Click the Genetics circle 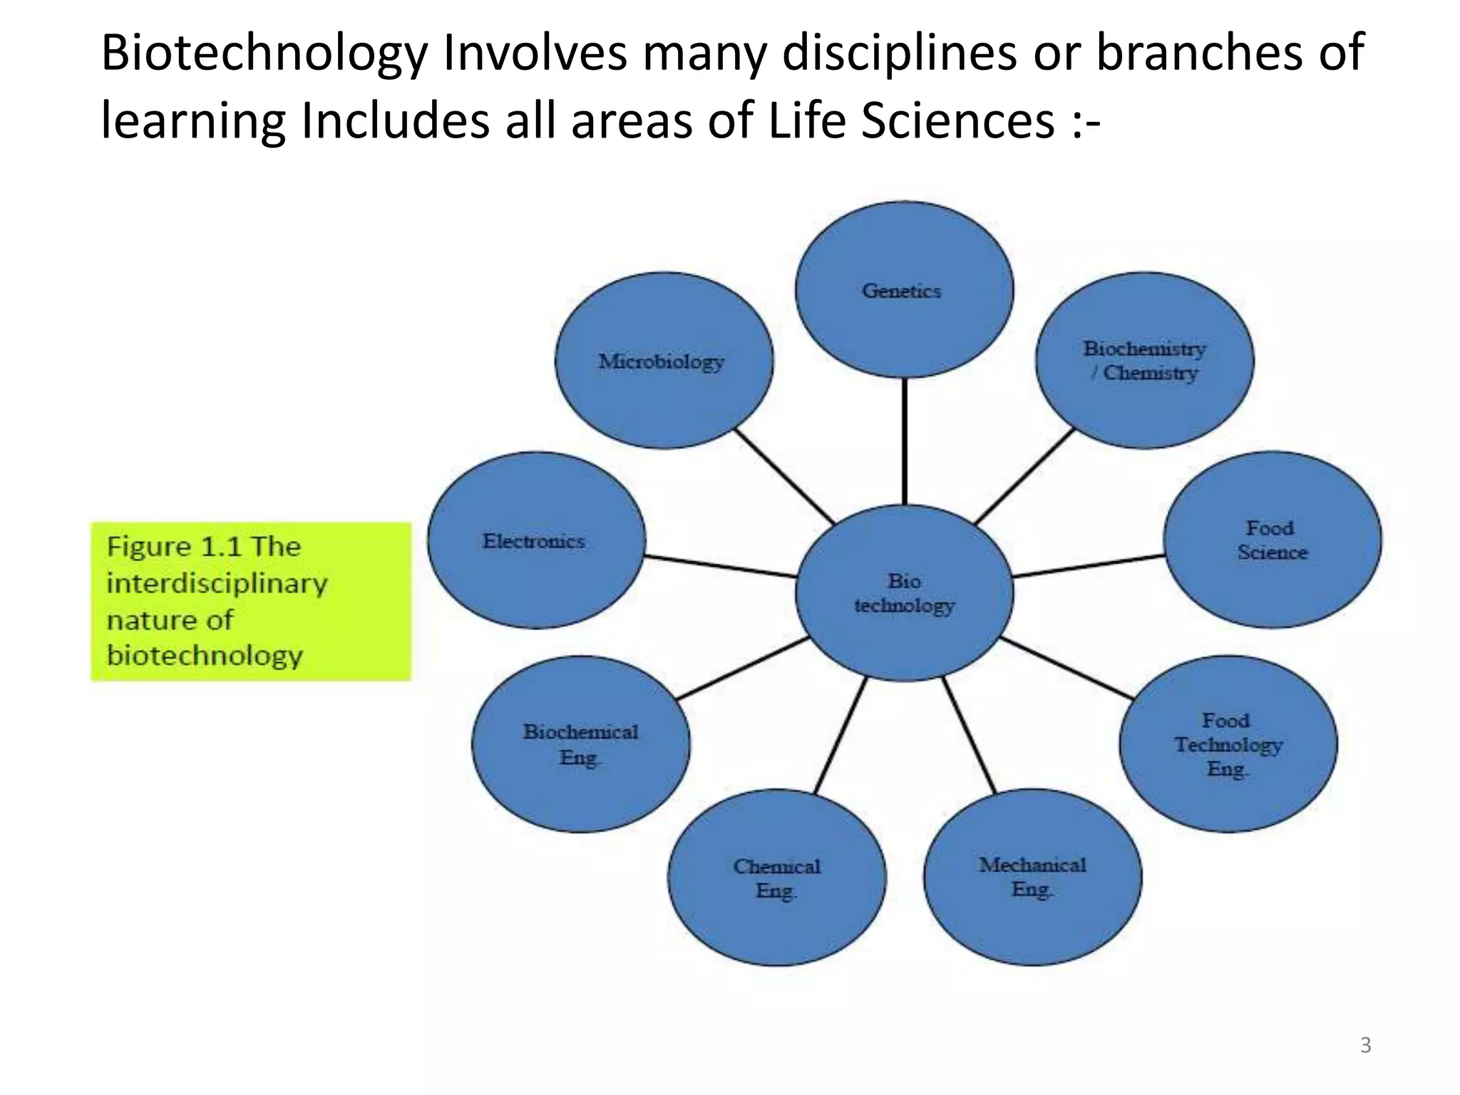[x=903, y=290]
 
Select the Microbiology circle [x=663, y=361]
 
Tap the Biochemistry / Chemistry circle [x=1144, y=361]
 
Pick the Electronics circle [x=536, y=540]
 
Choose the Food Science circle [x=1272, y=540]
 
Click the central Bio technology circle [x=904, y=593]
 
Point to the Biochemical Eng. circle [x=580, y=744]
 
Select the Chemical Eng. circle [x=776, y=878]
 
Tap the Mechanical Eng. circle [x=1032, y=877]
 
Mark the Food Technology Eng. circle [x=1228, y=744]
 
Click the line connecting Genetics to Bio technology [x=905, y=442]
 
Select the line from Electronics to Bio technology [x=720, y=566]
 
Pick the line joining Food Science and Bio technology [x=1089, y=566]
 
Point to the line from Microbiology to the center [x=784, y=475]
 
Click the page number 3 [x=1365, y=1045]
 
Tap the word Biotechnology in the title [x=264, y=53]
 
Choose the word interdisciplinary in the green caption [x=217, y=584]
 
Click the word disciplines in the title [x=898, y=53]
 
